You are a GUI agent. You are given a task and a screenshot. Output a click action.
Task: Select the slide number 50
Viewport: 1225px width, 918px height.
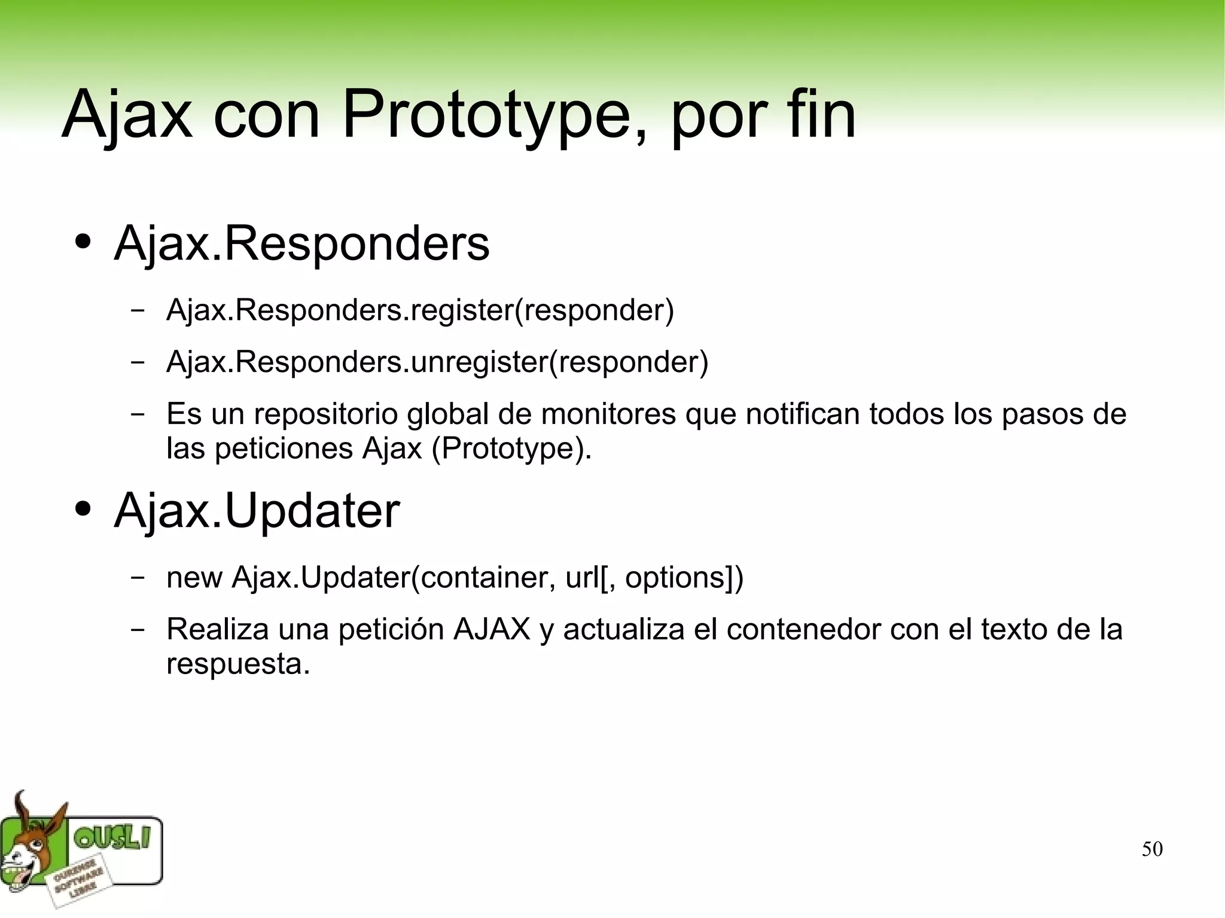point(1151,849)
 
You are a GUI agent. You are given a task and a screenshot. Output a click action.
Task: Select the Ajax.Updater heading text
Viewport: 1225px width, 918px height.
point(257,511)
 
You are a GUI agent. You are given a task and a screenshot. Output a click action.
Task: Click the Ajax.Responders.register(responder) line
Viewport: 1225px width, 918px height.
point(420,310)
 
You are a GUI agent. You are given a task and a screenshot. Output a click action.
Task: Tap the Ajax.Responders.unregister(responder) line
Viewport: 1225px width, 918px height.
point(437,362)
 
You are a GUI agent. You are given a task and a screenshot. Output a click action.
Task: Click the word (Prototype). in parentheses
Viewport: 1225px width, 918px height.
point(511,449)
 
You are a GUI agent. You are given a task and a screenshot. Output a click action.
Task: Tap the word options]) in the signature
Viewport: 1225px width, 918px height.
point(684,578)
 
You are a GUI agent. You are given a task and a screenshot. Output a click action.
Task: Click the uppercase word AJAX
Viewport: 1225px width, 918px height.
point(492,629)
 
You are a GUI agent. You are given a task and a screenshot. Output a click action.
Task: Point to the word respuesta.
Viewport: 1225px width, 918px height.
point(238,664)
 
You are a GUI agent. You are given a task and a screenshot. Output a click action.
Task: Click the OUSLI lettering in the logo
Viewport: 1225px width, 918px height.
point(111,839)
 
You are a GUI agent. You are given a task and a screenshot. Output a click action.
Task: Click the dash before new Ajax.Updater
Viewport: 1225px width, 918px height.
point(138,578)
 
